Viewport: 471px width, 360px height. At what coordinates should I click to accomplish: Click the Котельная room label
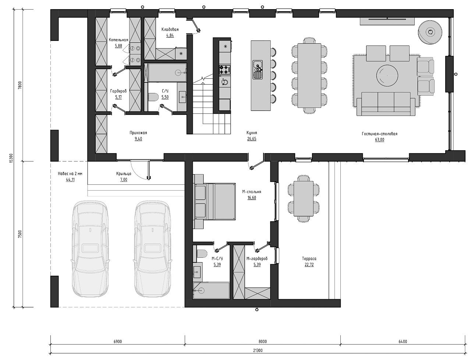118,40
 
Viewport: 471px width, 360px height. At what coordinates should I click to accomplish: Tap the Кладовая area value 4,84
170,35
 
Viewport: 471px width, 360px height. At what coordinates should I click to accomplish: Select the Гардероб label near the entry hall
118,91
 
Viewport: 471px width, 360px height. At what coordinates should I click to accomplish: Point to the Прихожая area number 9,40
138,139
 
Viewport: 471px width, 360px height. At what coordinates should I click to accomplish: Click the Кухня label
252,133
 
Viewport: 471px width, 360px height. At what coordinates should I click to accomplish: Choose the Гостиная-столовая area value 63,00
379,140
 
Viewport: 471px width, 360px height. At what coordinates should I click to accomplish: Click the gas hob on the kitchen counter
225,70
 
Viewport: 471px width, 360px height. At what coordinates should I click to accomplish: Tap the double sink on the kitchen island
258,70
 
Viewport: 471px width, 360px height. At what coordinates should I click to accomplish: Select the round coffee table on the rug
387,75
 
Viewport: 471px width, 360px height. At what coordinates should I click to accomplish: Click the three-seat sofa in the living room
386,104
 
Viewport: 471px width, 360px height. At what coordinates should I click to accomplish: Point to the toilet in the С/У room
153,97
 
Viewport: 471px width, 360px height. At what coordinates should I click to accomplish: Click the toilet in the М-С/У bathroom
201,253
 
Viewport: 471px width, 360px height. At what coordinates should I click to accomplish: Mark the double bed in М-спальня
215,201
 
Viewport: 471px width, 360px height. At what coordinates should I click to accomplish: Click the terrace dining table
304,198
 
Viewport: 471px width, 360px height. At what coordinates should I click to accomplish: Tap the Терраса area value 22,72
309,265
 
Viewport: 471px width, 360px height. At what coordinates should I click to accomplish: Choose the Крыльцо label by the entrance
124,174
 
